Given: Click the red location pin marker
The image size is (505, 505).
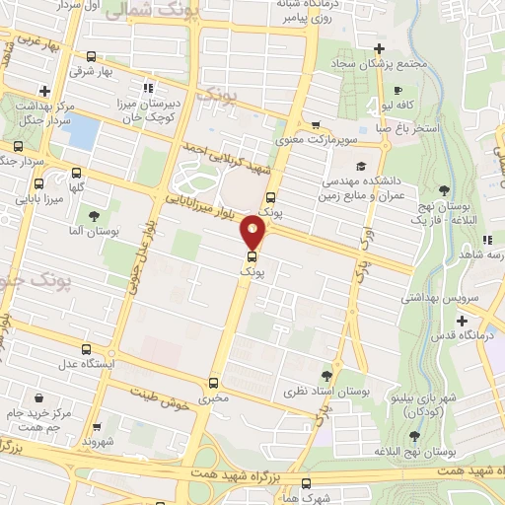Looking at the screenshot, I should pos(253,235).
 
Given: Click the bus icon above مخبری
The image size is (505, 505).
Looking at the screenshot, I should pos(214,381).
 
